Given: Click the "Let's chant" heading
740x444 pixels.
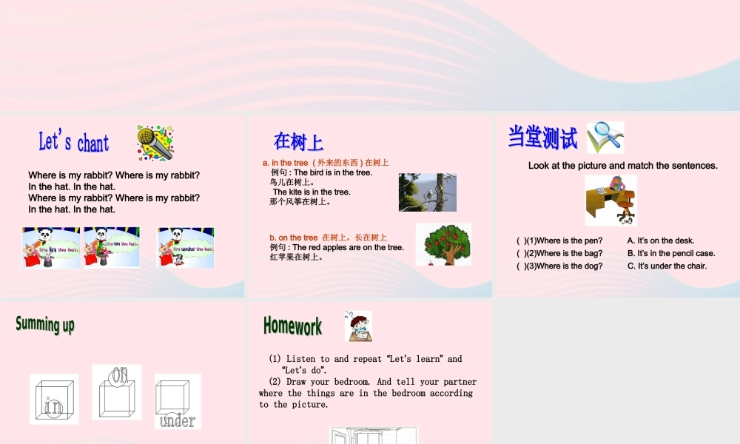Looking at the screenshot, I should [x=73, y=142].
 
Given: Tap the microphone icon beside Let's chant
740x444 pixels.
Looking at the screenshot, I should [x=155, y=143].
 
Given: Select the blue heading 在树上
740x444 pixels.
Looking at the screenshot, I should [x=298, y=141].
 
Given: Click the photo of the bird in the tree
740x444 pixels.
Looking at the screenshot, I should [x=427, y=192].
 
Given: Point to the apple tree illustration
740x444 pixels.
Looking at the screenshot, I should [x=443, y=243].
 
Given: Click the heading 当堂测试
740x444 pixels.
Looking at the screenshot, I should [x=542, y=138].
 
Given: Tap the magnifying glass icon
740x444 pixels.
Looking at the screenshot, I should [x=605, y=138].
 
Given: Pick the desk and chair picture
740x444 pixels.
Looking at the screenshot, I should [x=610, y=200].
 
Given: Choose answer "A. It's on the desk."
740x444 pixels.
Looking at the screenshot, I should [x=660, y=240].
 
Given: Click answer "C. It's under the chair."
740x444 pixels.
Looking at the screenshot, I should [x=667, y=266].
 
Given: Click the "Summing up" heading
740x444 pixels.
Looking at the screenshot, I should [x=45, y=324].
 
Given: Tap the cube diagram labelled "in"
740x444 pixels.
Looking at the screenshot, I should [x=53, y=399].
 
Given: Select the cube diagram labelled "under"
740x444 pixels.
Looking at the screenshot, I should [x=178, y=401].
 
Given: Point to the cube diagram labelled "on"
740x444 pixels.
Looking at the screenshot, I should [x=117, y=392].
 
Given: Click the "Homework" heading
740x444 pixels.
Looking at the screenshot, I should [x=292, y=326].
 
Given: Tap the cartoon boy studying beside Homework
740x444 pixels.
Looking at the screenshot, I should [x=358, y=326].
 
